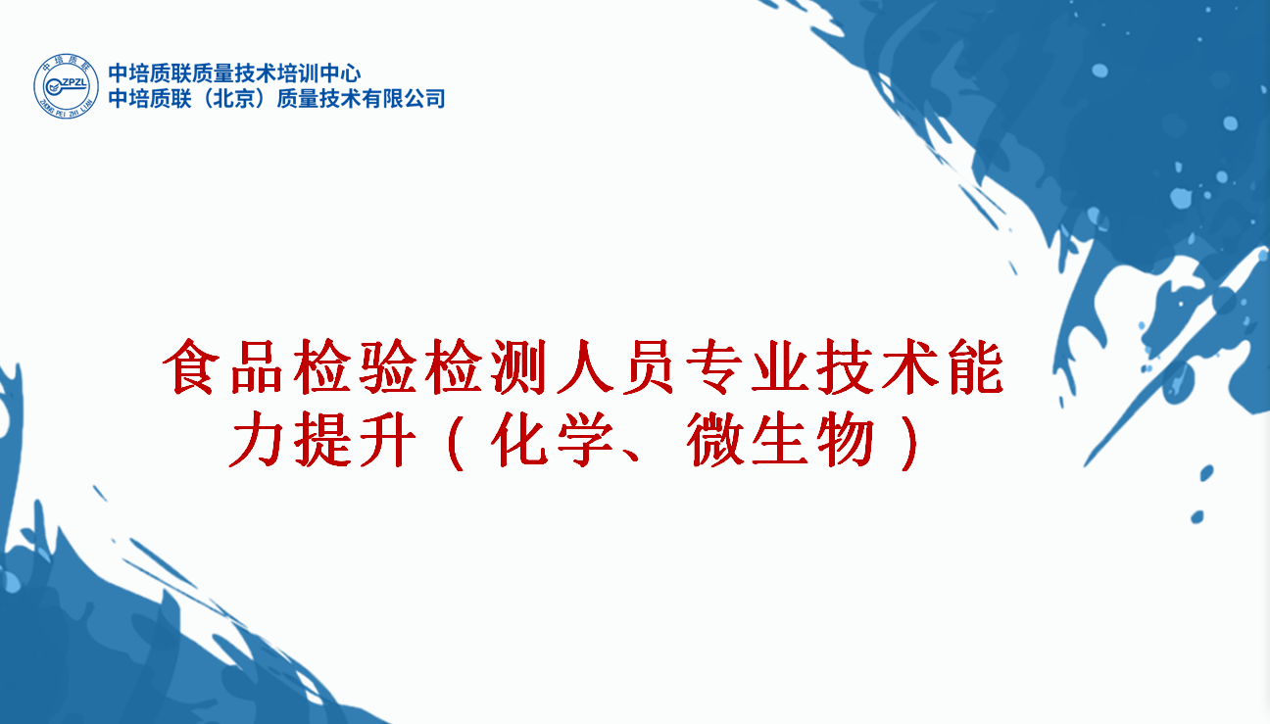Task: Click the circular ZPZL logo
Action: [66, 86]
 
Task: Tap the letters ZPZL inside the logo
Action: [73, 82]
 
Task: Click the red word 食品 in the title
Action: [222, 366]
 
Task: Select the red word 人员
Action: [615, 366]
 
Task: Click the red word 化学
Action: [552, 439]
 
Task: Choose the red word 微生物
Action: [781, 439]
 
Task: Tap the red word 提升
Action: [355, 439]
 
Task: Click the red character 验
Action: [387, 366]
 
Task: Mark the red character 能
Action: [976, 366]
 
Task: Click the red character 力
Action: [257, 439]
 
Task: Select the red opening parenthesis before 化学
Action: [457, 442]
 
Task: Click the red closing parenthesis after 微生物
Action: [909, 442]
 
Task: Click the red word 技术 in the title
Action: [877, 366]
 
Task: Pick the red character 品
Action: [257, 366]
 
